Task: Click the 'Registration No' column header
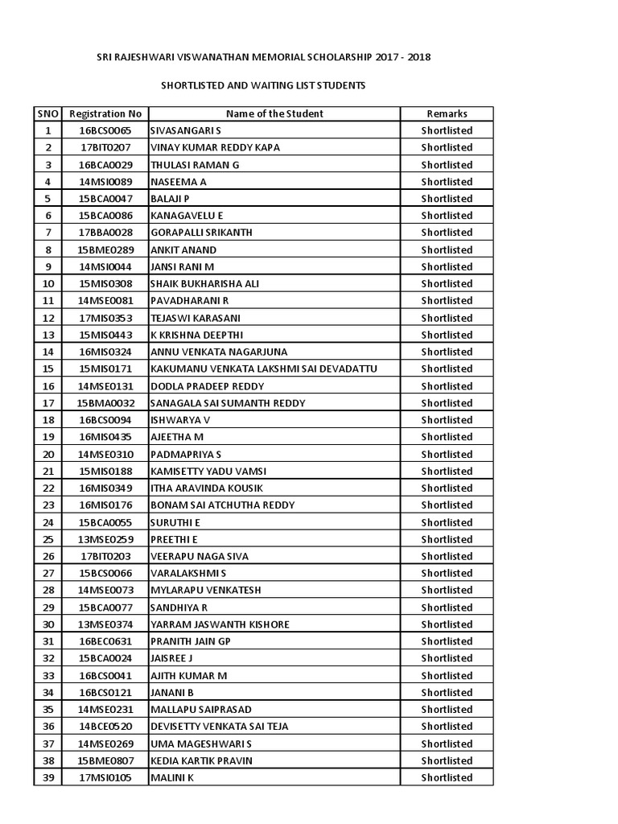105,113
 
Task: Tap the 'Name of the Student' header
274,113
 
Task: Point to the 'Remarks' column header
447,113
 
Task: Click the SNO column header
48,113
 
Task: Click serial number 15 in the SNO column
48,369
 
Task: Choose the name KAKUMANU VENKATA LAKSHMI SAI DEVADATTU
264,369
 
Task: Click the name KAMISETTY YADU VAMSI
208,471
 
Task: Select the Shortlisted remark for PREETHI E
447,539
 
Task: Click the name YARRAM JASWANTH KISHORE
220,624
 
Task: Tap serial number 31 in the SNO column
48,641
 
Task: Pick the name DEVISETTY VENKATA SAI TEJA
219,727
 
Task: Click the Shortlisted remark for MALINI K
447,777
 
